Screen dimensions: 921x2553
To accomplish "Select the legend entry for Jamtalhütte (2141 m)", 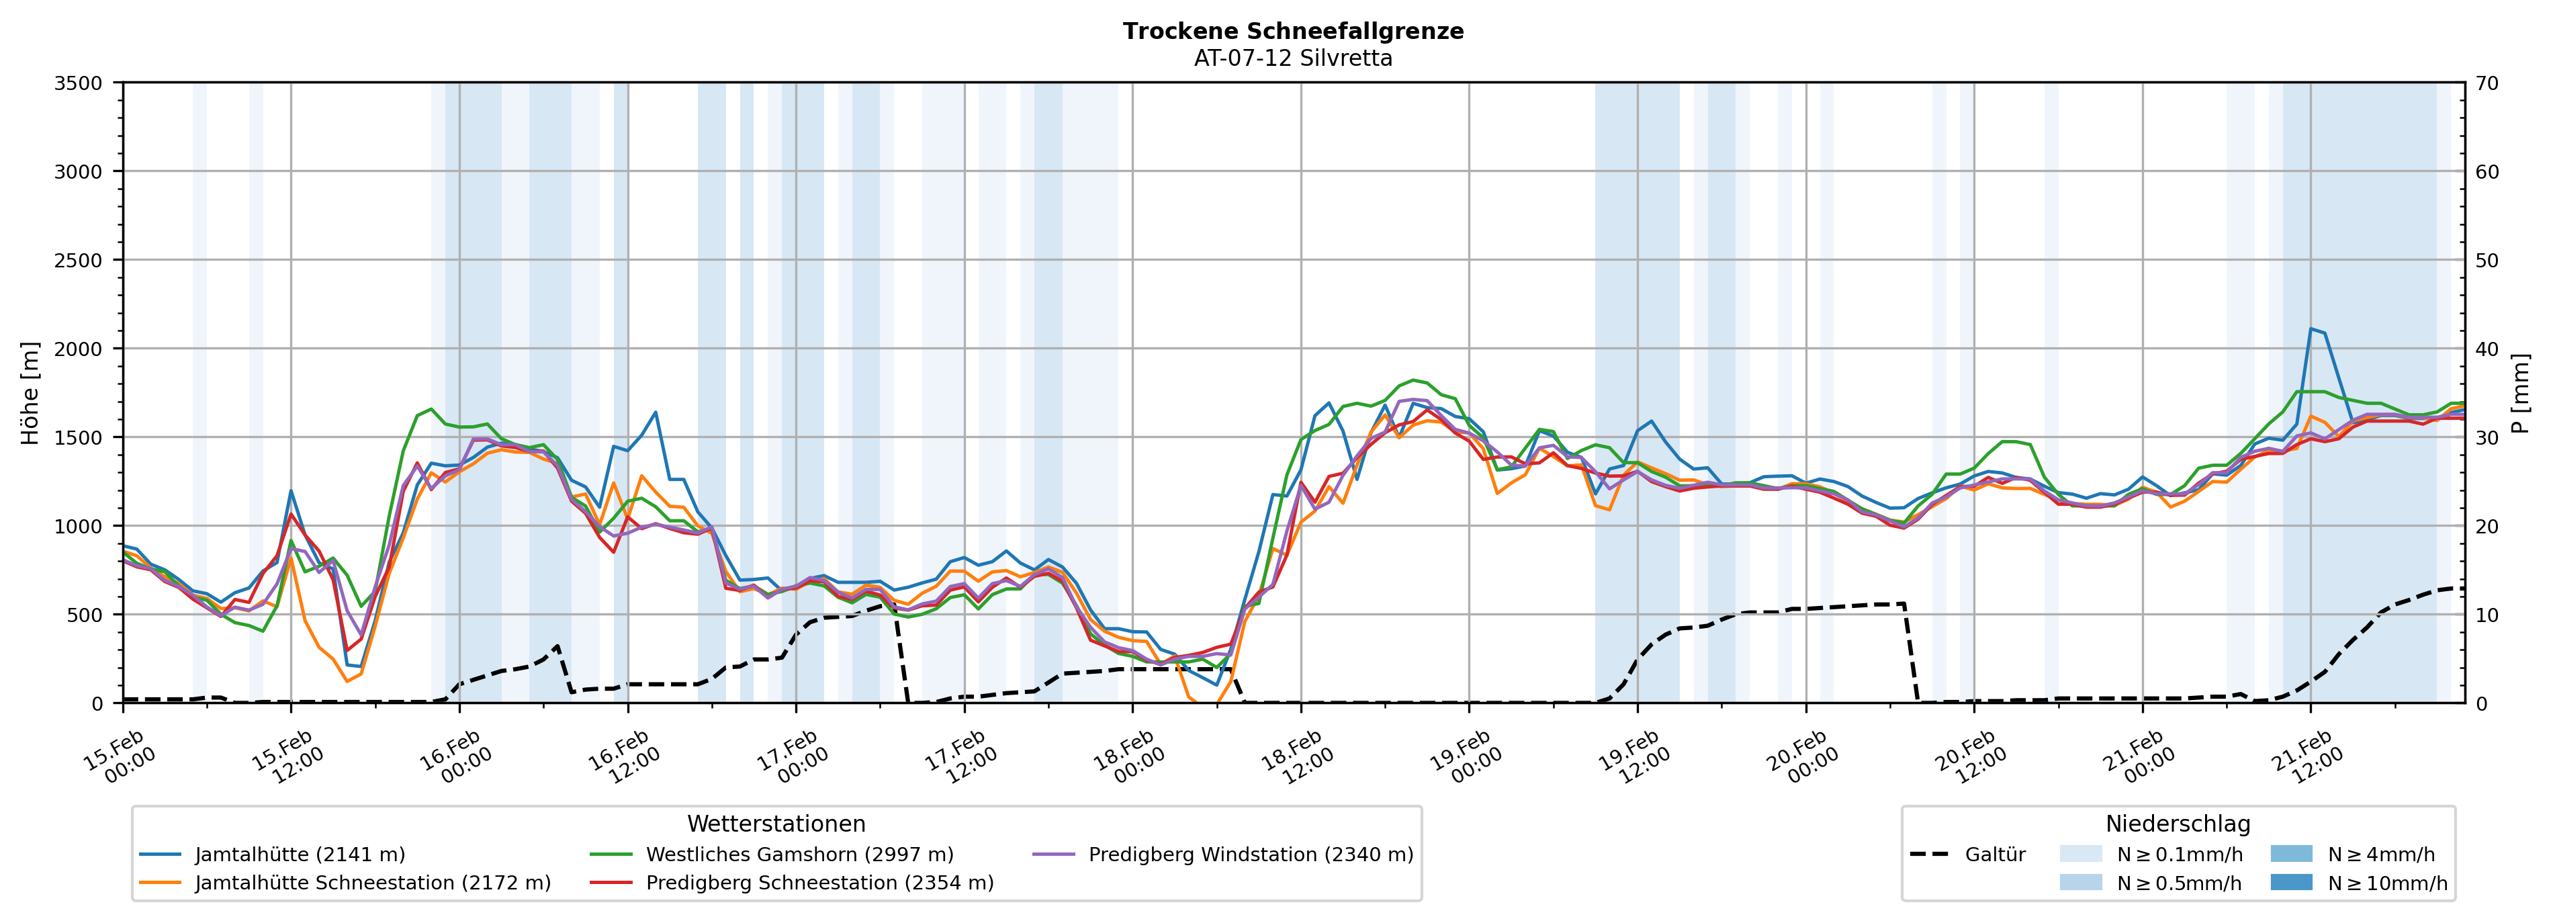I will (300, 854).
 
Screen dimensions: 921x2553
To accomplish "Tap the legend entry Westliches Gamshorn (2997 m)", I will (799, 854).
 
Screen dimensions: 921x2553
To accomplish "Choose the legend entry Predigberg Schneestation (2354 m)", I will (819, 882).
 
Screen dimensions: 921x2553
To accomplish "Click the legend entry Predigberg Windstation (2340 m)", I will (1250, 854).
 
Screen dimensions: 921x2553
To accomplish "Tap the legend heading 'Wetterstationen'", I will (776, 824).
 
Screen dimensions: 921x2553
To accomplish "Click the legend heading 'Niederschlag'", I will (2178, 824).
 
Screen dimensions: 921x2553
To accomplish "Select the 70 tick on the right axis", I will (2487, 83).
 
